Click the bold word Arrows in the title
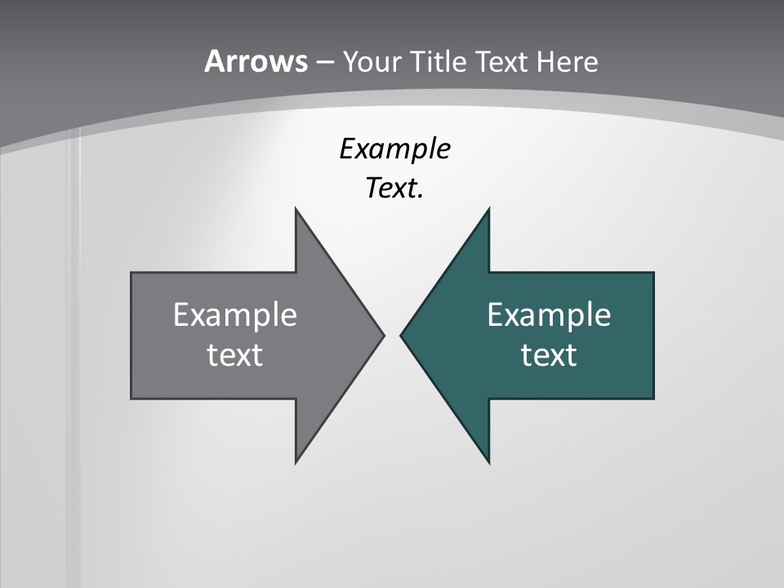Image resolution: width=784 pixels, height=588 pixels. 256,61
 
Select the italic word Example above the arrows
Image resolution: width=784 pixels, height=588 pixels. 394,149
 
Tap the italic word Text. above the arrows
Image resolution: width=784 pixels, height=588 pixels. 394,189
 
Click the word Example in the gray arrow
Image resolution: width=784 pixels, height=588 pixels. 234,314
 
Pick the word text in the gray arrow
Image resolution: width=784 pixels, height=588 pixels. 234,354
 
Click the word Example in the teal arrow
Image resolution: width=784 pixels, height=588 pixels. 549,314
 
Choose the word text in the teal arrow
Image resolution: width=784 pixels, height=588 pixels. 549,354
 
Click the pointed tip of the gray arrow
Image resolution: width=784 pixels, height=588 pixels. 382,335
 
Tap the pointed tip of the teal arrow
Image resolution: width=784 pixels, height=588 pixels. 402,335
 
